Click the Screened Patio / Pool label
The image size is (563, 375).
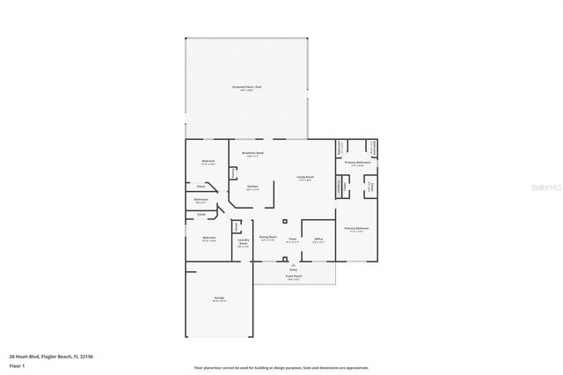pyautogui.click(x=247, y=86)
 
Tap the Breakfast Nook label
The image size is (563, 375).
pyautogui.click(x=253, y=153)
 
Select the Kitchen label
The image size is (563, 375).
pyautogui.click(x=252, y=187)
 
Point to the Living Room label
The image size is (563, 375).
pyautogui.click(x=305, y=178)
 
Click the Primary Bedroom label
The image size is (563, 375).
pyautogui.click(x=356, y=229)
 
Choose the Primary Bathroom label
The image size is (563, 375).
pyautogui.click(x=356, y=163)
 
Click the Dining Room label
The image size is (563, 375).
pyautogui.click(x=267, y=238)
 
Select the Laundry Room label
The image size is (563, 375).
pyautogui.click(x=244, y=244)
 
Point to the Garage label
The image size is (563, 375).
pyautogui.click(x=218, y=298)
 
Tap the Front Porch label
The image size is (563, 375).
pyautogui.click(x=294, y=276)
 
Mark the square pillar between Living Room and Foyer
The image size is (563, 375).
pyautogui.click(x=284, y=220)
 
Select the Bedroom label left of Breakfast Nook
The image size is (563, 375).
pyautogui.click(x=208, y=161)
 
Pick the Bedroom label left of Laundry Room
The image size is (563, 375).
pyautogui.click(x=209, y=239)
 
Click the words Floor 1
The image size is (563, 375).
pyautogui.click(x=17, y=364)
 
